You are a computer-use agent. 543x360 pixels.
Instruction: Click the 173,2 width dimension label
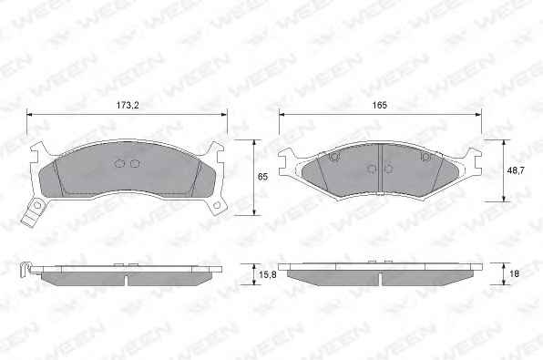[x=128, y=106]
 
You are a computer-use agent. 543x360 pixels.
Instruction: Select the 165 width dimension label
[x=380, y=106]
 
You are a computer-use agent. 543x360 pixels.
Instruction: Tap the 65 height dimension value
[x=262, y=177]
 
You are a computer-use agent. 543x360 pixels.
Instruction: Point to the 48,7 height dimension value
[x=517, y=170]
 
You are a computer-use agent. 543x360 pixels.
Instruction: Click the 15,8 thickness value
[x=268, y=274]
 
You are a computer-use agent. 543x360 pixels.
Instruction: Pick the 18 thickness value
[x=515, y=273]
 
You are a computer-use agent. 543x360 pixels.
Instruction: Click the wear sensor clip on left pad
[x=33, y=212]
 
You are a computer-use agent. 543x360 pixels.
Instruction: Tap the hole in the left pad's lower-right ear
[x=217, y=205]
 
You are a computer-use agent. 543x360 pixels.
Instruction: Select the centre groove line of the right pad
[x=380, y=169]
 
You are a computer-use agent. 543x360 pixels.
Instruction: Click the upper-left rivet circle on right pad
[x=334, y=157]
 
